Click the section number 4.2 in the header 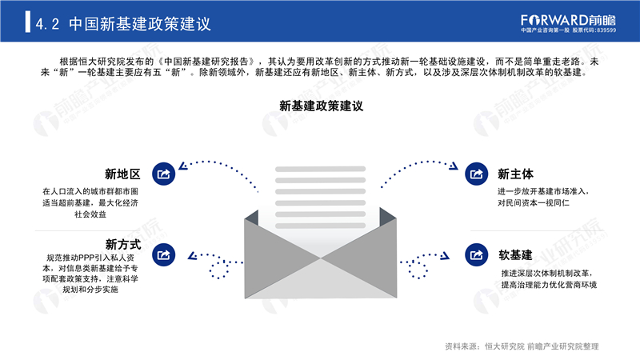[47, 24]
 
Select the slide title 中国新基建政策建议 [139, 24]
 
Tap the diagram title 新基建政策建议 [322, 106]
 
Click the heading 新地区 [122, 174]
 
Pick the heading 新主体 [515, 174]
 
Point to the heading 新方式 [123, 245]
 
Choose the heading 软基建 [515, 255]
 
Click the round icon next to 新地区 [164, 174]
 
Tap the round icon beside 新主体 [476, 174]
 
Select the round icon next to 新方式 [164, 254]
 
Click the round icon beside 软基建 [476, 254]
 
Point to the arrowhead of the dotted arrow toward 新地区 [183, 166]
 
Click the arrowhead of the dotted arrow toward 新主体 [454, 166]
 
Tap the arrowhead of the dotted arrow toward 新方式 [192, 256]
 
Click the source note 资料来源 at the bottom [522, 346]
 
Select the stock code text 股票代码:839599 [594, 30]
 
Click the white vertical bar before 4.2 [27, 22]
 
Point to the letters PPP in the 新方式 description [86, 258]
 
